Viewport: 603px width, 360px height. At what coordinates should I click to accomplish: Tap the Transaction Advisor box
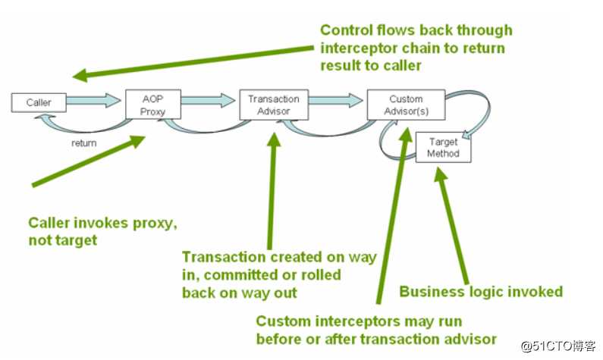[x=273, y=105]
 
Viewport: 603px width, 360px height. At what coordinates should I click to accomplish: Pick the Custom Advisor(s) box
[x=405, y=105]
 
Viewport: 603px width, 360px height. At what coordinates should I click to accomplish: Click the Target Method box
[x=444, y=147]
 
